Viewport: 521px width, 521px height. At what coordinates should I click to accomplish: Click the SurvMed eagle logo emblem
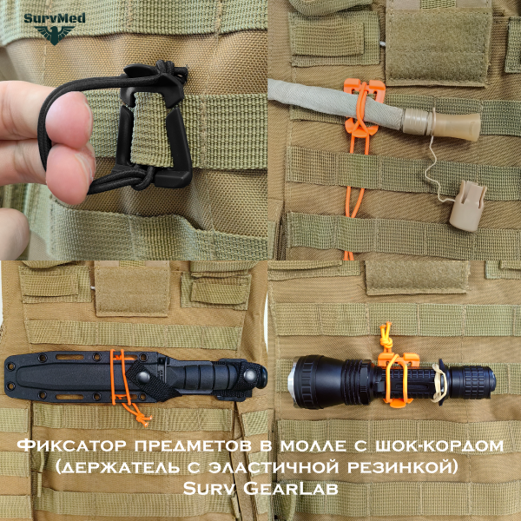55,34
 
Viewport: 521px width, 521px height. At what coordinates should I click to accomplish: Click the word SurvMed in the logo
55,18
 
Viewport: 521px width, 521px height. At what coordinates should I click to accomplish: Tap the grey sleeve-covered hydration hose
335,103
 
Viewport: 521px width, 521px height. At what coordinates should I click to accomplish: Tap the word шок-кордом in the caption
439,445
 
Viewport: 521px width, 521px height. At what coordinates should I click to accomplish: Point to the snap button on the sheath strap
143,377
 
